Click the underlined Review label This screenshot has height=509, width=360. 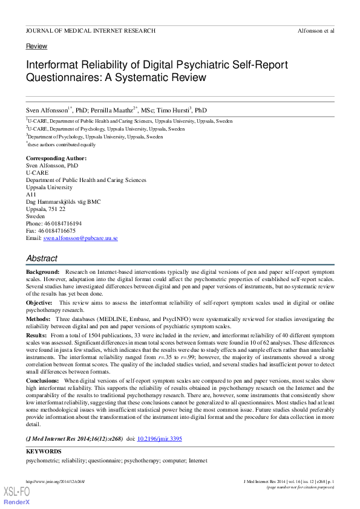tap(36, 47)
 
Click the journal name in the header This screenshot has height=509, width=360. tap(91, 30)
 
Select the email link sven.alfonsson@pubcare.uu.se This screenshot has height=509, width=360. tap(80, 238)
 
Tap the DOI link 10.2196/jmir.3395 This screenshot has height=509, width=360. tap(159, 439)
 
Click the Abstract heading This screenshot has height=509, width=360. tap(42, 258)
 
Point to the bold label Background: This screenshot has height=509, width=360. tap(43, 273)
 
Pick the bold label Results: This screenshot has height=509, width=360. tap(37, 334)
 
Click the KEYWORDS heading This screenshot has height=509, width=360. tap(44, 452)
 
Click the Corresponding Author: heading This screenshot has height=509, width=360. tap(56, 158)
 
